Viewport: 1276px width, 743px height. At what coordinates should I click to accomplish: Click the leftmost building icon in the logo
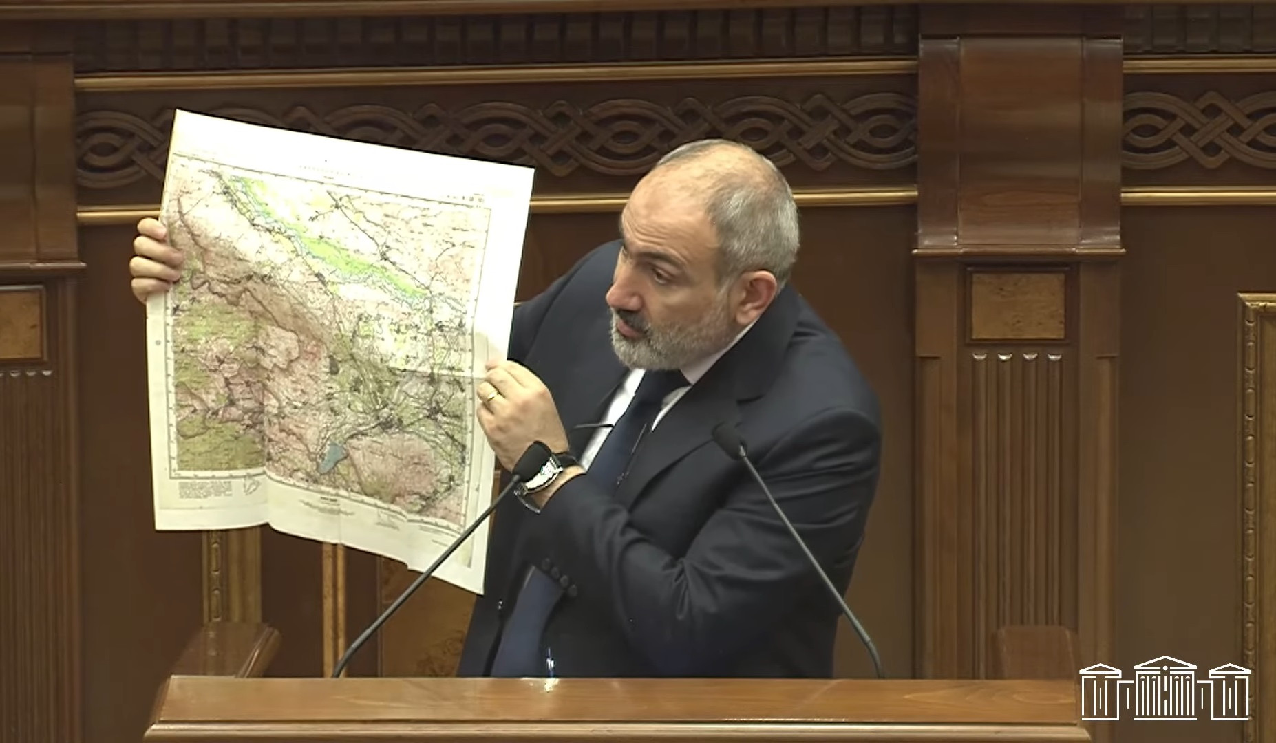tap(1104, 693)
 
